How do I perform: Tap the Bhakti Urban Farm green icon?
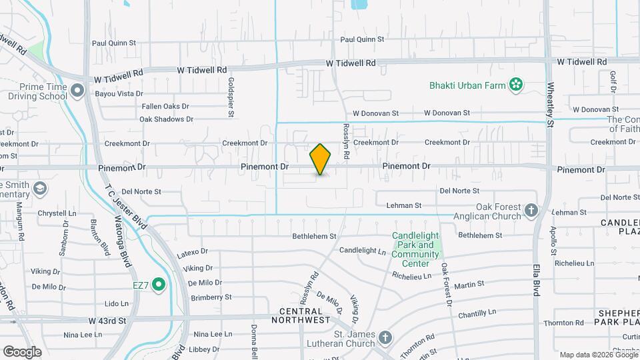coord(515,85)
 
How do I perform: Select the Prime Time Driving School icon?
coord(77,90)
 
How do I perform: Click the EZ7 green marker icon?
coord(158,285)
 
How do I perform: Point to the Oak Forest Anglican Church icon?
coord(531,211)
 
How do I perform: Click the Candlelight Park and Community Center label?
coord(416,249)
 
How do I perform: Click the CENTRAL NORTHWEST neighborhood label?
coord(305,315)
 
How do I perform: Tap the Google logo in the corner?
coord(22,351)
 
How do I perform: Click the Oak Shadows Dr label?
coord(166,119)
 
